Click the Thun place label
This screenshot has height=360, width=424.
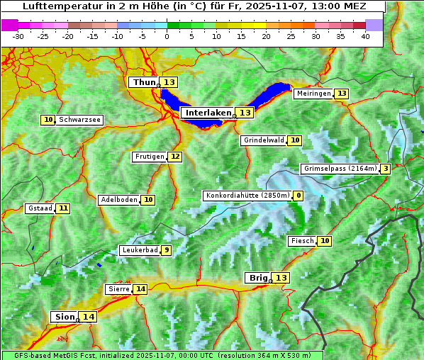(x=144, y=82)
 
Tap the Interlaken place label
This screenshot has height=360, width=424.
(x=208, y=113)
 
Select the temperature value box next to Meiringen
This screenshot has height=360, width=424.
(x=342, y=94)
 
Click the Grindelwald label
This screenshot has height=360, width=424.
(x=264, y=140)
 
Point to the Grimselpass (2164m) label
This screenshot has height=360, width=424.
(x=340, y=169)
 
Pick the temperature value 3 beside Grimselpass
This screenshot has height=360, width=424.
(x=385, y=169)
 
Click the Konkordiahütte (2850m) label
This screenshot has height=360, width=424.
(x=247, y=196)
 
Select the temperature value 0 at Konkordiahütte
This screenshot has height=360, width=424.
(x=299, y=196)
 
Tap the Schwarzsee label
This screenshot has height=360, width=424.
(x=79, y=120)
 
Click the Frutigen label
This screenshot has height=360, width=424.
(x=150, y=157)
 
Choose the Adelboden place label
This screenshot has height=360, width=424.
(x=118, y=200)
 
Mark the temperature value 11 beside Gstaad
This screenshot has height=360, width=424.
(x=63, y=208)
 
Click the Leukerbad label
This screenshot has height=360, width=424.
(x=139, y=250)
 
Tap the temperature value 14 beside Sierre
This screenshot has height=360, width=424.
(x=140, y=289)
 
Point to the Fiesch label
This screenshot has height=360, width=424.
(x=302, y=241)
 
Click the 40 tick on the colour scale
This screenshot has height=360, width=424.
(x=365, y=36)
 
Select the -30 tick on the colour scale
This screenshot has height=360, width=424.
(x=18, y=36)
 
